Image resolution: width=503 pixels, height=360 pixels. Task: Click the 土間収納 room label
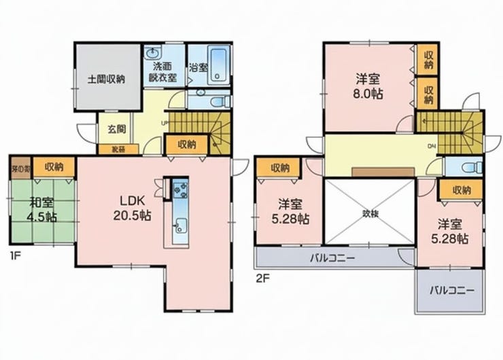(106, 79)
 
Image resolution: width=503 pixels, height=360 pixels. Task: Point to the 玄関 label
(116, 129)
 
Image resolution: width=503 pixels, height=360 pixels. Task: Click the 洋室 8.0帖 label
(368, 86)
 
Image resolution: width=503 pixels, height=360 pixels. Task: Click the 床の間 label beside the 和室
(21, 166)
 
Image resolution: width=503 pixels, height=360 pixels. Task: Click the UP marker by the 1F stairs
(164, 123)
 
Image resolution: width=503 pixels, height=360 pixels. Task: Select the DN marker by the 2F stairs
(431, 145)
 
